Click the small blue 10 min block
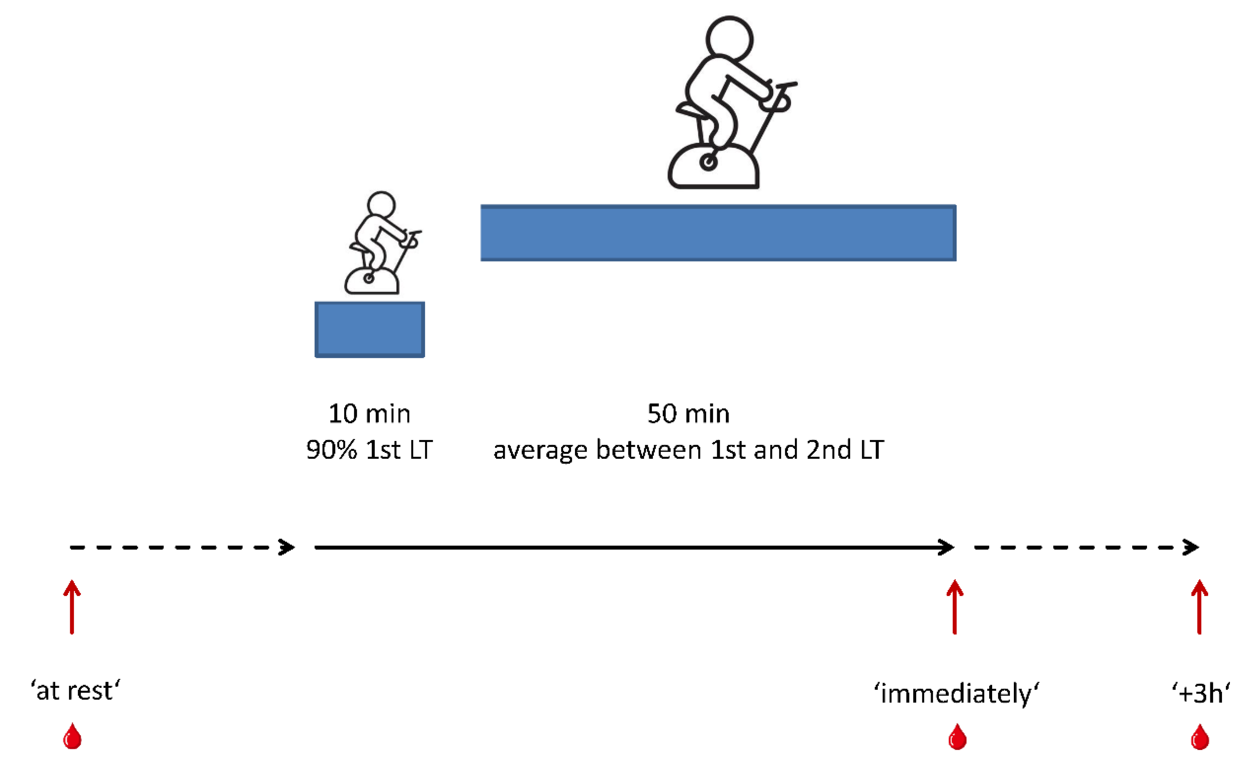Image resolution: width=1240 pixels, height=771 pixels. pos(370,329)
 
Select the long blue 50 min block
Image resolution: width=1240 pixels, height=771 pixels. pos(718,233)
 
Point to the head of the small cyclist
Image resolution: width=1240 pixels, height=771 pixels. pos(381,204)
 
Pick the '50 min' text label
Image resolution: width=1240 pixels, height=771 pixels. pos(688,414)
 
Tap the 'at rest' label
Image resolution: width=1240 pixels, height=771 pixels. pos(76,691)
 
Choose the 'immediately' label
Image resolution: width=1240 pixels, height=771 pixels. pos(957,694)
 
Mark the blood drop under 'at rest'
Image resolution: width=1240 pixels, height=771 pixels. pos(72,737)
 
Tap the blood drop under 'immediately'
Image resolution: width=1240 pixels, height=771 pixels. pos(957,737)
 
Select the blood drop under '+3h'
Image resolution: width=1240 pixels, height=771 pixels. pos(1200,737)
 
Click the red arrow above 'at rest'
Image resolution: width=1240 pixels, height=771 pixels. pos(72,607)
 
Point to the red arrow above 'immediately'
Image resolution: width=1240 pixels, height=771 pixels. pos(955,607)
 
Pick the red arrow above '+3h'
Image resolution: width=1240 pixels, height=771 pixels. pos(1199,607)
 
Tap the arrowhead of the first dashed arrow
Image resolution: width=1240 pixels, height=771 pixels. pos(288,548)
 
